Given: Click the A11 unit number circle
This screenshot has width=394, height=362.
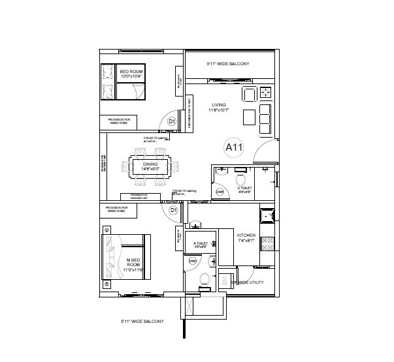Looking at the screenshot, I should pyautogui.click(x=234, y=147).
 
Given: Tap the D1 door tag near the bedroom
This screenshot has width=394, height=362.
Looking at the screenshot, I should pyautogui.click(x=171, y=121).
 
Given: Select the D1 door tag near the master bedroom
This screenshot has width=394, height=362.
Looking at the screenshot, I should pyautogui.click(x=174, y=211).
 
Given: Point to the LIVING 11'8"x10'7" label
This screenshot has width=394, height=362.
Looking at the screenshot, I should pyautogui.click(x=219, y=107).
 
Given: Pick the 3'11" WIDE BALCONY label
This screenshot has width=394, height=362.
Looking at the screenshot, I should pyautogui.click(x=226, y=64).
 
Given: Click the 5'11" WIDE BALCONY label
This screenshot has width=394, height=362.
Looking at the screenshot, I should pyautogui.click(x=142, y=322).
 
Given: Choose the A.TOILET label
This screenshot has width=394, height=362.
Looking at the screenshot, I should pyautogui.click(x=200, y=245).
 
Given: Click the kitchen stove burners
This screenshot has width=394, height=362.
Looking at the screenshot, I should pyautogui.click(x=266, y=245).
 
